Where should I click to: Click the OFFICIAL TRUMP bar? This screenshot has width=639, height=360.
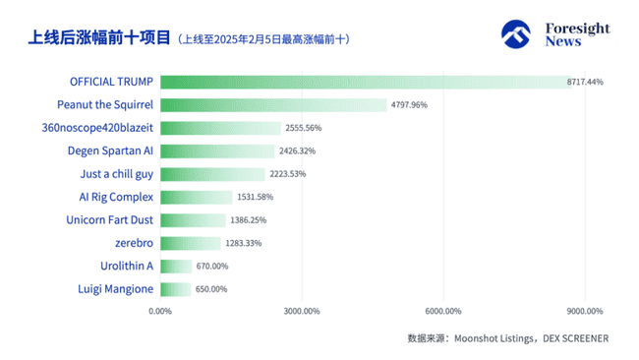(362, 82)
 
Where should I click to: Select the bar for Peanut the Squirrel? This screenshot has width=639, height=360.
(273, 104)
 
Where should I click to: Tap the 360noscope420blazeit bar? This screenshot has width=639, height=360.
(220, 128)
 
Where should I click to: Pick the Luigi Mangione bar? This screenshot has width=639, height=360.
(176, 289)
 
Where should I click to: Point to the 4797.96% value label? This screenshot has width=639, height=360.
(408, 104)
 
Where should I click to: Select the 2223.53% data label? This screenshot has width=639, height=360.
(287, 174)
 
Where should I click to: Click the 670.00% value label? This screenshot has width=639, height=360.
(211, 266)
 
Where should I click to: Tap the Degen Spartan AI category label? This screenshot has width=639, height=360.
(110, 150)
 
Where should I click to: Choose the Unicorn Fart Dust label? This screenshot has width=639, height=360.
(111, 219)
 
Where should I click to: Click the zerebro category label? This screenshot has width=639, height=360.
(134, 243)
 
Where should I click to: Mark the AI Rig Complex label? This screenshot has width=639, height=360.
(116, 197)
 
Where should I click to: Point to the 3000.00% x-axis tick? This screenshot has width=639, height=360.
(302, 312)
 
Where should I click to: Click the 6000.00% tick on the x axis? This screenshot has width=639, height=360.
(443, 312)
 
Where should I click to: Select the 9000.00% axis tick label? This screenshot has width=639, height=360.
(584, 312)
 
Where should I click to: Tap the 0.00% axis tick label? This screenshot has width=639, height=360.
(160, 312)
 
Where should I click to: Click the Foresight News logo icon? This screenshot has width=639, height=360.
(517, 34)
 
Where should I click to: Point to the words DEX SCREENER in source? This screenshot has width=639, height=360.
(573, 338)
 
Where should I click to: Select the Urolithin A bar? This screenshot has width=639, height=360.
(176, 266)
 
